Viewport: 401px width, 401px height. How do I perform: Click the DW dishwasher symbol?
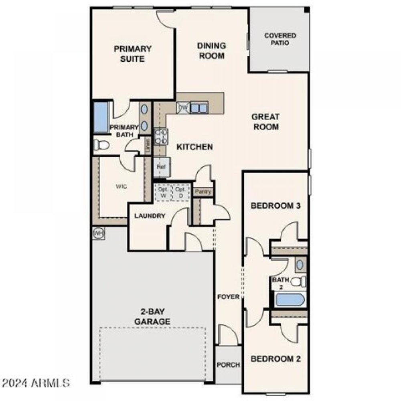pyautogui.click(x=183, y=107)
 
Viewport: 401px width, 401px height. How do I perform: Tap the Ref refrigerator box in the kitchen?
pyautogui.click(x=162, y=166)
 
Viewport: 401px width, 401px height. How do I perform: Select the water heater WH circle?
pyautogui.click(x=98, y=233)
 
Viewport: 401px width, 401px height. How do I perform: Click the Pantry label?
pyautogui.click(x=203, y=192)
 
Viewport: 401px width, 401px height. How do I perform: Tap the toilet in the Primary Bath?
pyautogui.click(x=101, y=145)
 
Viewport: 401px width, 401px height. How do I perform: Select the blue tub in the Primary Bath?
pyautogui.click(x=101, y=117)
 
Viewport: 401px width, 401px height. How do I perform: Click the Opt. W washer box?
pyautogui.click(x=163, y=192)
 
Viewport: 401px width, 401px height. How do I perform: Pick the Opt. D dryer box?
pyautogui.click(x=180, y=192)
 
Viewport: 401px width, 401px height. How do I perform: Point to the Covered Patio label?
pyautogui.click(x=280, y=39)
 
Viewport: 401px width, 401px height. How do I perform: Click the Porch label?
pyautogui.click(x=228, y=365)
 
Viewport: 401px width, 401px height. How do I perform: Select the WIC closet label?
pyautogui.click(x=122, y=186)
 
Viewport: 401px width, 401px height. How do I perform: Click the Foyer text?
pyautogui.click(x=228, y=297)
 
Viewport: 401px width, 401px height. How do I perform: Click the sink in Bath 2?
pyautogui.click(x=299, y=264)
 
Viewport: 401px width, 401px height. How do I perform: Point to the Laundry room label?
pyautogui.click(x=150, y=216)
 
